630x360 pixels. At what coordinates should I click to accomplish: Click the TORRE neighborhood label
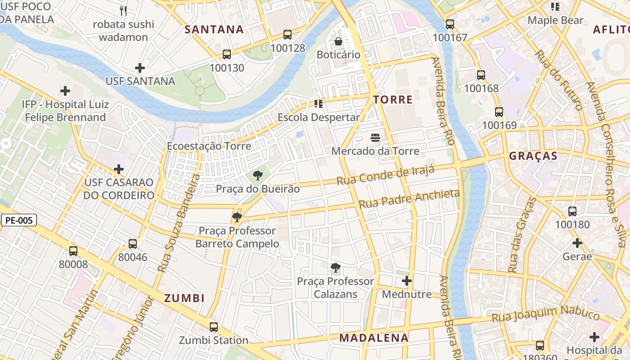click(x=392, y=99)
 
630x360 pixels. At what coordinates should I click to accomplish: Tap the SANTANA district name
click(x=214, y=30)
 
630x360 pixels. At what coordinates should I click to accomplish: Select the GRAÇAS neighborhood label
click(x=533, y=156)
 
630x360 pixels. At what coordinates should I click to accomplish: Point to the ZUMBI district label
click(x=184, y=298)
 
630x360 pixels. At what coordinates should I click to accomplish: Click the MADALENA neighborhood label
click(x=373, y=338)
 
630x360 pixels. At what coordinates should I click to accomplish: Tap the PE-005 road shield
click(x=19, y=220)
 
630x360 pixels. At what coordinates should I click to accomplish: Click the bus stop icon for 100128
click(x=288, y=34)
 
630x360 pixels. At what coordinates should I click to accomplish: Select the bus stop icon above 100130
click(x=227, y=54)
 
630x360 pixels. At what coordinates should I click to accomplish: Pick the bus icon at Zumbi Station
click(x=214, y=327)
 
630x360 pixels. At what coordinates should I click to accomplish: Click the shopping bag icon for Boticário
click(x=338, y=41)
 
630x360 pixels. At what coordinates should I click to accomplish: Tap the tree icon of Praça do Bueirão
click(x=257, y=175)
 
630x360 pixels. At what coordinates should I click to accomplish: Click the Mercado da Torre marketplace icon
click(x=375, y=137)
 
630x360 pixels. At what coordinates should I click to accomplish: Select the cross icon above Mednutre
click(x=407, y=281)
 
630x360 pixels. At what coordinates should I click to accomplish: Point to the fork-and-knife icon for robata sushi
click(x=123, y=10)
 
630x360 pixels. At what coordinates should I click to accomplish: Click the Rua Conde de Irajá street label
click(x=386, y=175)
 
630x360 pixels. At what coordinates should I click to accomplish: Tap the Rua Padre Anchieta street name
click(x=409, y=199)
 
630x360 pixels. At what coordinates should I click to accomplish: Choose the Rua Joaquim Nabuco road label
click(x=545, y=314)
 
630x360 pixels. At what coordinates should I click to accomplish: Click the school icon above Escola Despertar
click(x=319, y=104)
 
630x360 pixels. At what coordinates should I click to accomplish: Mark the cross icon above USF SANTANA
click(x=140, y=68)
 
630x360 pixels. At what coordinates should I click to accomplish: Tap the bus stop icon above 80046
click(x=133, y=243)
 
